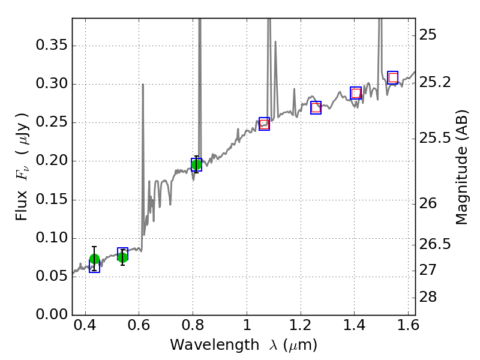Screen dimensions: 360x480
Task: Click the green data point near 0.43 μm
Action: coord(94,259)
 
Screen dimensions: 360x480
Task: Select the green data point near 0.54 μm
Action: coord(122,257)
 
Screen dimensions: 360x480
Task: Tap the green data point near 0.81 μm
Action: coord(196,164)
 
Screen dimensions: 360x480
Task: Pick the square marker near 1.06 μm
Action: coord(264,124)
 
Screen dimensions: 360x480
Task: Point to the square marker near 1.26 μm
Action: coord(316,107)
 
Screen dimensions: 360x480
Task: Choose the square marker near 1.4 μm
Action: coord(356,93)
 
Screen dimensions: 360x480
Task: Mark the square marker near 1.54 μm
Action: coord(393,77)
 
